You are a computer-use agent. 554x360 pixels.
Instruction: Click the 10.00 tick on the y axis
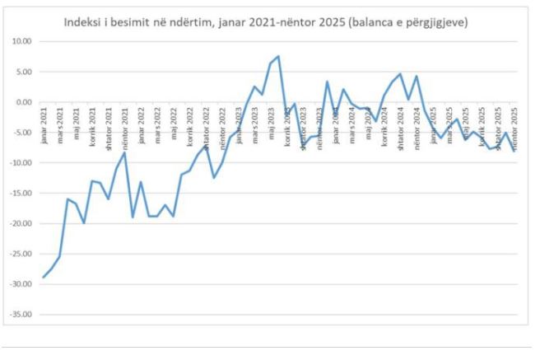21,41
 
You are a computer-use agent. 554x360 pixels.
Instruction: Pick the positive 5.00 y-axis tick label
23,72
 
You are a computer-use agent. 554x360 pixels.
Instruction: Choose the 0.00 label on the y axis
23,102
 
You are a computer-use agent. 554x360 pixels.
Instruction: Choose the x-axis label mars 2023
254,121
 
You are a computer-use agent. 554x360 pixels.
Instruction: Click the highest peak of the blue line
278,56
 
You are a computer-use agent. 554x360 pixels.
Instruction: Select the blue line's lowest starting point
44,277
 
